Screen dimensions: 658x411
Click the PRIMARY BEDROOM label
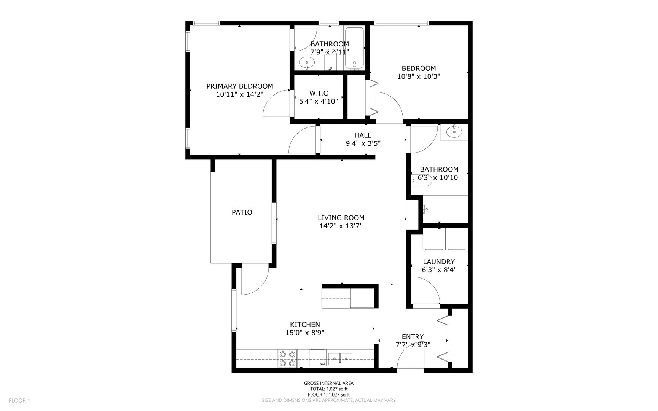click(239, 86)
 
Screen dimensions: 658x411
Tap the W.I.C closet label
click(319, 93)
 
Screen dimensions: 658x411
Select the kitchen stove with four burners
click(287, 359)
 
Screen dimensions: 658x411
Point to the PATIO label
click(242, 212)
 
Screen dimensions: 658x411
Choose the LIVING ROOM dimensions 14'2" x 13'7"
click(341, 226)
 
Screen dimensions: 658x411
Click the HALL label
click(363, 135)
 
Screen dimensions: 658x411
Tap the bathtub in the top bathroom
click(355, 49)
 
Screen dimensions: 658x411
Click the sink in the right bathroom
click(454, 132)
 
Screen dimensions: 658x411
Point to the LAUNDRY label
click(439, 262)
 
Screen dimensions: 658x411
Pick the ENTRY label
click(413, 337)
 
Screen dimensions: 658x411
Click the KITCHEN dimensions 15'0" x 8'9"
click(305, 333)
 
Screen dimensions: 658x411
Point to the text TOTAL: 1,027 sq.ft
click(329, 389)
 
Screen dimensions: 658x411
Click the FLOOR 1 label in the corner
click(19, 400)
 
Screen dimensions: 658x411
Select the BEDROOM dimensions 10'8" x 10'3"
click(419, 76)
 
